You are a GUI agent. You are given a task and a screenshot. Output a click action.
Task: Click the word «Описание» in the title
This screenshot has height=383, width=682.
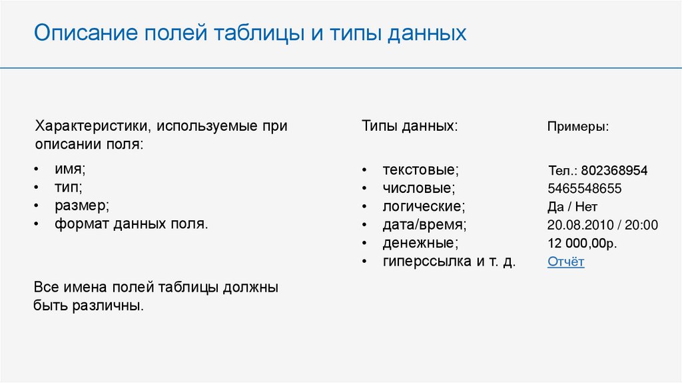click(86, 33)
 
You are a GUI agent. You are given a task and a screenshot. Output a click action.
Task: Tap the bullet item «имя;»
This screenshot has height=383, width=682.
click(70, 169)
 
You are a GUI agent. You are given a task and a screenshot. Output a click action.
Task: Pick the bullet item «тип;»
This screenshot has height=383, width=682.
click(69, 187)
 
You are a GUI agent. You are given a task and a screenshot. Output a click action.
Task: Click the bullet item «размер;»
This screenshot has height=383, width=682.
click(82, 206)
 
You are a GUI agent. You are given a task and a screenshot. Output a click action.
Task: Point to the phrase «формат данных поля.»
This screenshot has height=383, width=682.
click(131, 224)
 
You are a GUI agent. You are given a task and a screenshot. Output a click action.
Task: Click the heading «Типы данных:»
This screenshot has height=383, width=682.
click(410, 126)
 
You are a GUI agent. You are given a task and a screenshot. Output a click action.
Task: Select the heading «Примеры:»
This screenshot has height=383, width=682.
click(578, 127)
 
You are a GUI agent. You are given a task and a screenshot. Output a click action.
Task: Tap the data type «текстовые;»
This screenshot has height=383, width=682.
click(421, 169)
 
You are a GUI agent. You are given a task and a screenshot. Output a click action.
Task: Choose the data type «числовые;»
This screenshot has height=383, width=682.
click(419, 187)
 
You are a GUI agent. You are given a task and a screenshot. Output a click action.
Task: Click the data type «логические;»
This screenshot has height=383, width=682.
click(424, 206)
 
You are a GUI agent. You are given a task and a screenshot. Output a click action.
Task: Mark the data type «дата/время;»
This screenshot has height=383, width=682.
click(424, 225)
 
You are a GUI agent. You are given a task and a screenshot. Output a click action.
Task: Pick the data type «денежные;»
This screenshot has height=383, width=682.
click(421, 243)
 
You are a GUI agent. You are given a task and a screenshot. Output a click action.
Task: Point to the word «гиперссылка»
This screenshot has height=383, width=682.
click(427, 262)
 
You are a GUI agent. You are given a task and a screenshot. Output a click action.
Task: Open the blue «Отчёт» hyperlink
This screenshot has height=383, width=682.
click(566, 262)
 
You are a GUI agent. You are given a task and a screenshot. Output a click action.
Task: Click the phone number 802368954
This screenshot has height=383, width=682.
click(614, 170)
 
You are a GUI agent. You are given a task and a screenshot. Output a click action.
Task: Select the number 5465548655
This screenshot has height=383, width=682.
click(585, 189)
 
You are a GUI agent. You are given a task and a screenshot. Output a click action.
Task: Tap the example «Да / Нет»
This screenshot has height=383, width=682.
click(572, 207)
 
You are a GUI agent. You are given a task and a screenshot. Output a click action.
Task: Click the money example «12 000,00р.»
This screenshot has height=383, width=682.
click(582, 243)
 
